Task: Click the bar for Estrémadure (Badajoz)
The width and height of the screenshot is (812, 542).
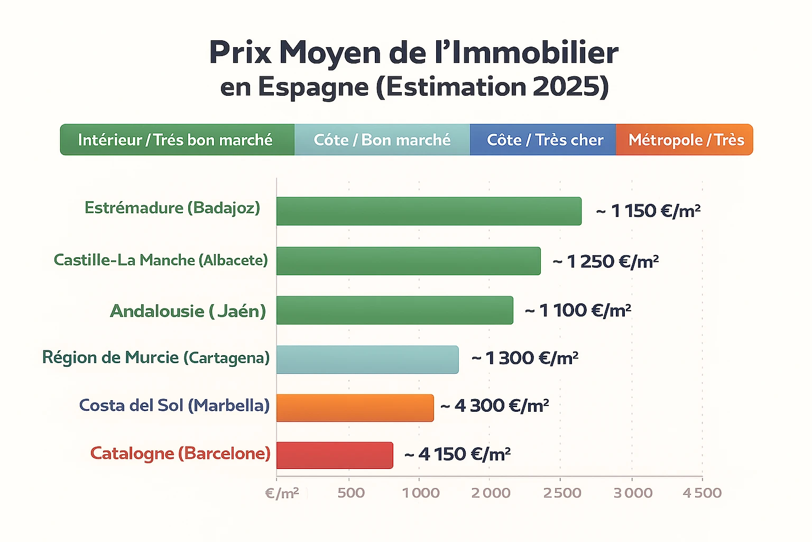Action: (x=429, y=211)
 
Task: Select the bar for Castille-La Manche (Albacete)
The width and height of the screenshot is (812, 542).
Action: (x=408, y=261)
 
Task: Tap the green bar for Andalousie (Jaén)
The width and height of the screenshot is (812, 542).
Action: (x=394, y=310)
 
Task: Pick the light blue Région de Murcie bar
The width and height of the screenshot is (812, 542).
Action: (x=367, y=359)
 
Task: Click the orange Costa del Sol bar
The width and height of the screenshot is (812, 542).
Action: (x=355, y=408)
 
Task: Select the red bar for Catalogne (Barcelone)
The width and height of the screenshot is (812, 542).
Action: (x=335, y=455)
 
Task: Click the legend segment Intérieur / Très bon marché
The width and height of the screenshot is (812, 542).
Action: (x=177, y=140)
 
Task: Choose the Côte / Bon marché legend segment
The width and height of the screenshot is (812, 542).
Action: (x=382, y=140)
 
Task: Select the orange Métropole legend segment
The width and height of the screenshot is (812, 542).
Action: (x=685, y=140)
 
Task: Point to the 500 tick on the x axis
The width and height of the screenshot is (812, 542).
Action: (x=351, y=493)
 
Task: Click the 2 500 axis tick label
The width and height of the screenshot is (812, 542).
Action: (x=562, y=493)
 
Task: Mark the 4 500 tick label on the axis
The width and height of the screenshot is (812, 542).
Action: (x=702, y=493)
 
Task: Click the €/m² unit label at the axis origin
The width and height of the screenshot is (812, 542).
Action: (x=282, y=493)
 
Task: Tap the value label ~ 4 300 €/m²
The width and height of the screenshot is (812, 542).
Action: (x=495, y=406)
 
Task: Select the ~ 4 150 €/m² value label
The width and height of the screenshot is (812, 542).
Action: (x=458, y=454)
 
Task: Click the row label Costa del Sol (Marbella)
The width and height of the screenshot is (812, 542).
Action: (x=174, y=405)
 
